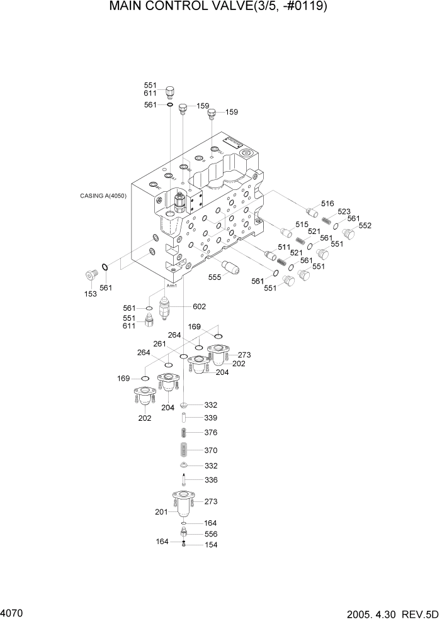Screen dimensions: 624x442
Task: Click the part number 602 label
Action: click(200, 307)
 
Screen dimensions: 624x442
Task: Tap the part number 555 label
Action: click(215, 277)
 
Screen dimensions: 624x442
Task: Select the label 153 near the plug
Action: click(91, 294)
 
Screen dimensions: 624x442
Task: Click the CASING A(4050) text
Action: click(103, 196)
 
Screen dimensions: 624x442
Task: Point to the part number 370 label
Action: click(211, 450)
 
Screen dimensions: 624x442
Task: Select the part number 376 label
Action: click(211, 432)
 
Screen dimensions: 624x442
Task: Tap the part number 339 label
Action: click(211, 418)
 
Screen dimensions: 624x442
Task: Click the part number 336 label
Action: click(211, 480)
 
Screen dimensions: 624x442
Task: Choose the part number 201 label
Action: click(161, 512)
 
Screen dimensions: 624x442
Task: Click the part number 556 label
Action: click(211, 534)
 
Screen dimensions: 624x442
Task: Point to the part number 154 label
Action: click(211, 545)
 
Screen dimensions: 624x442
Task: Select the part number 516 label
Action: click(327, 203)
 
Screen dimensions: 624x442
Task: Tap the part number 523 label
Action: click(344, 212)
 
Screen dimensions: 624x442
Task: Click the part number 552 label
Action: click(365, 225)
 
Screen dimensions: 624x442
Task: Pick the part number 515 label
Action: click(302, 225)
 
